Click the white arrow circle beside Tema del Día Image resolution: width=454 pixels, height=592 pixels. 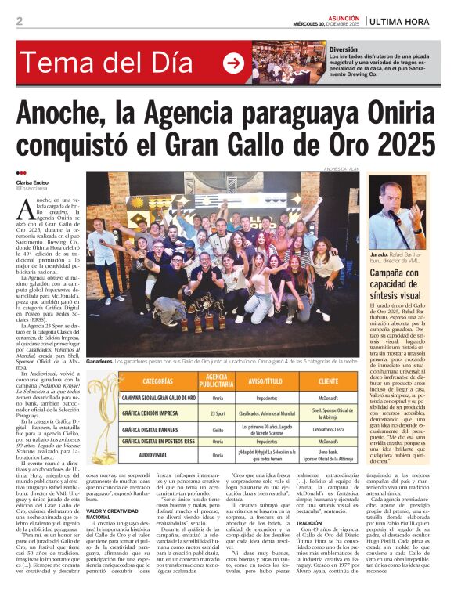coord(233,63)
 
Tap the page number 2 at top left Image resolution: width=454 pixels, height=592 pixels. coord(20,21)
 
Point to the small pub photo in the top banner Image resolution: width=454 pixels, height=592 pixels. coord(289,63)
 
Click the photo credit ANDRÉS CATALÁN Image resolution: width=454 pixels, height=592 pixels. coord(342,168)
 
